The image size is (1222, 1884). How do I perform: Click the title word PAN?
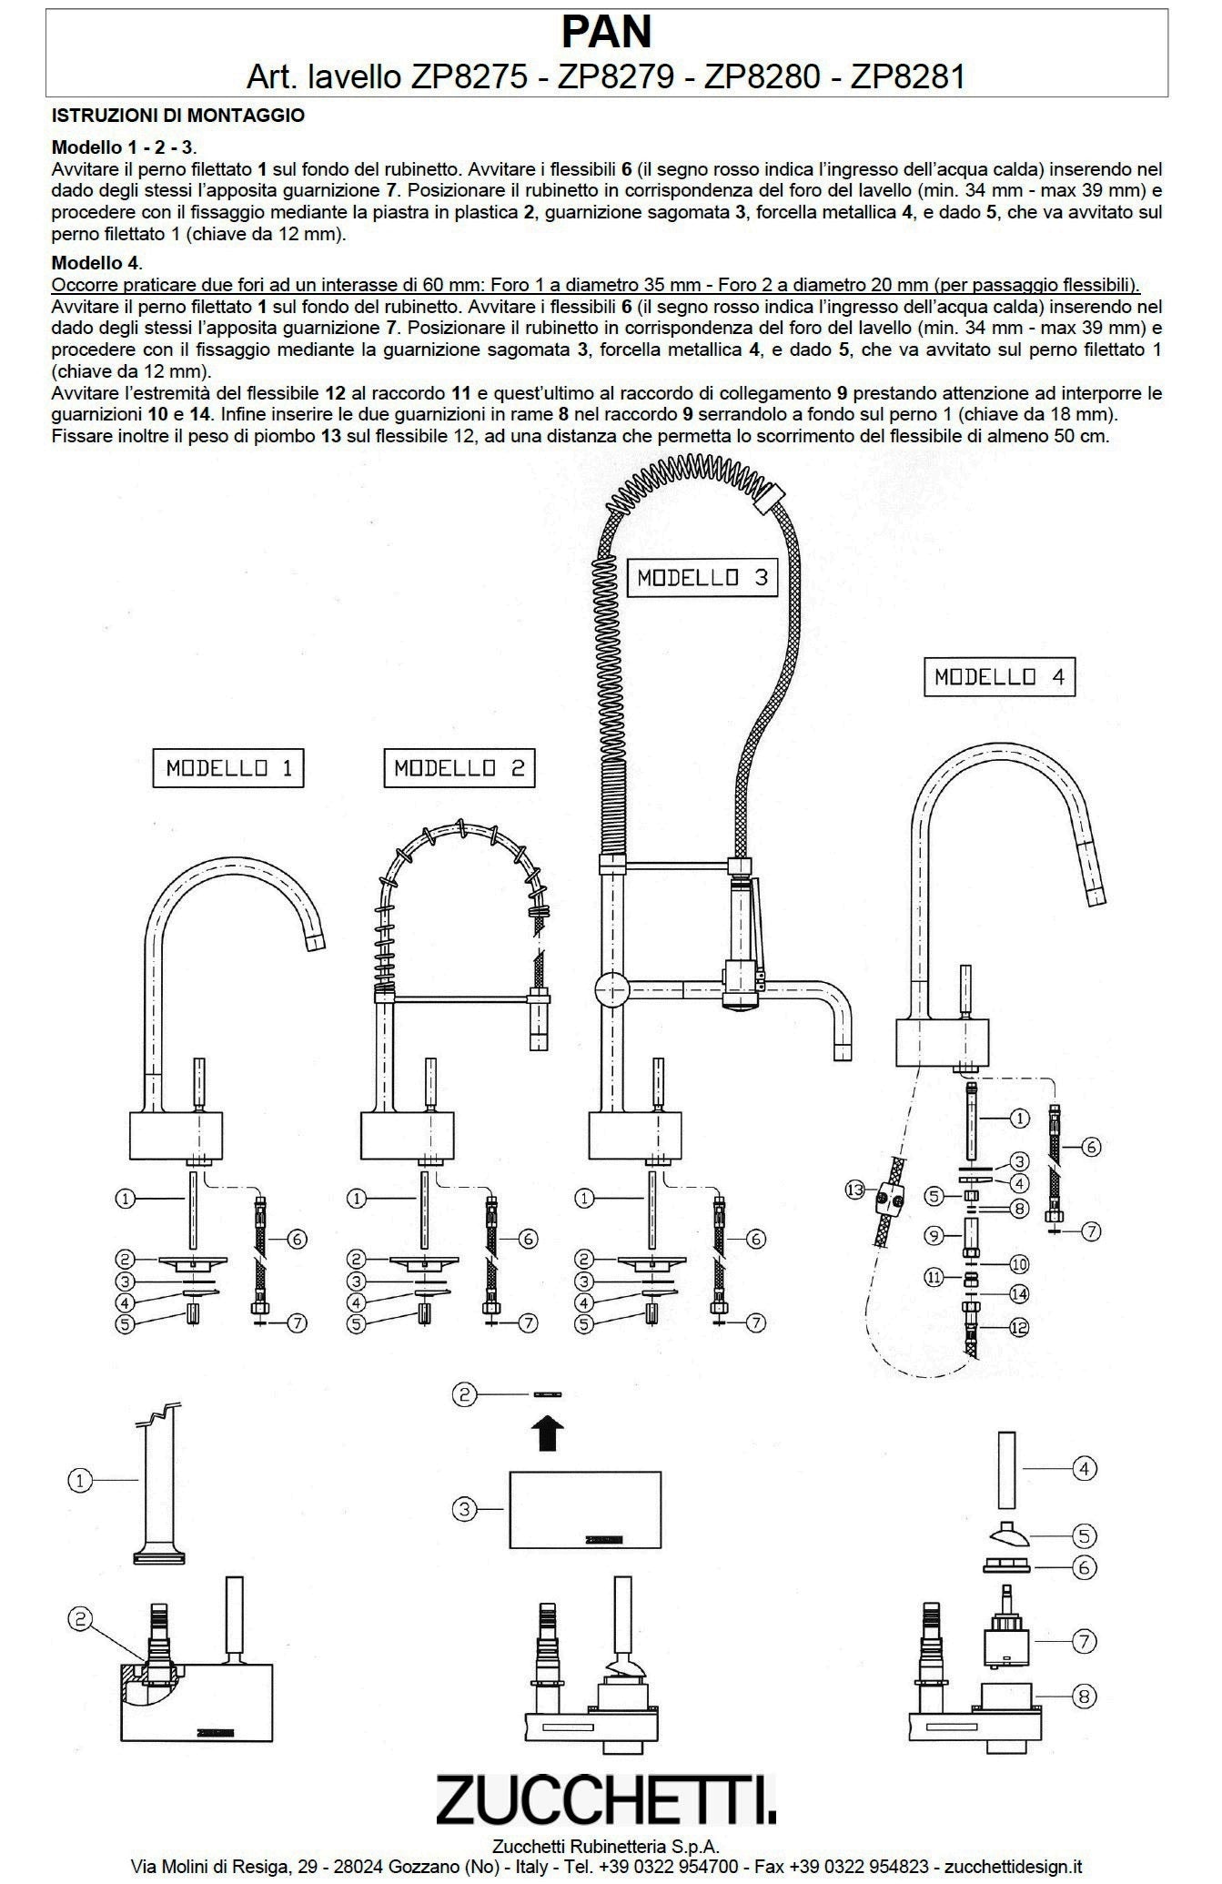pyautogui.click(x=607, y=34)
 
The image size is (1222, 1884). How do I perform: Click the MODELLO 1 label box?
pyautogui.click(x=227, y=768)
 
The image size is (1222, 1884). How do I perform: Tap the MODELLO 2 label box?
pyautogui.click(x=459, y=768)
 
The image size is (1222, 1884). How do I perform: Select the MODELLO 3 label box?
pyautogui.click(x=702, y=577)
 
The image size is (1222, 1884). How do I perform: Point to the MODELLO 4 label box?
pyautogui.click(x=999, y=676)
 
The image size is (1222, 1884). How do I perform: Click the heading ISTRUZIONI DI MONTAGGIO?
pyautogui.click(x=178, y=116)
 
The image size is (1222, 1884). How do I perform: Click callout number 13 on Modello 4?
pyautogui.click(x=854, y=1189)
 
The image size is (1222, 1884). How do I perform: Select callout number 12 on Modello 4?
pyautogui.click(x=1019, y=1328)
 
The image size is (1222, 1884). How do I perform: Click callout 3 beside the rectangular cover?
pyautogui.click(x=464, y=1510)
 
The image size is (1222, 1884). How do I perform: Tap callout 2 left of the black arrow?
pyautogui.click(x=464, y=1393)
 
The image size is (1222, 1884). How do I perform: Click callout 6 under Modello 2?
pyautogui.click(x=528, y=1238)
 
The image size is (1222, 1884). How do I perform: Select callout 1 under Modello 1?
pyautogui.click(x=126, y=1199)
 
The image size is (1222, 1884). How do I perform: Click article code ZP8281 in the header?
pyautogui.click(x=907, y=78)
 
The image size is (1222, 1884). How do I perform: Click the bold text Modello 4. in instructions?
pyautogui.click(x=96, y=263)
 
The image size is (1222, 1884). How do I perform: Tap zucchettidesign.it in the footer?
pyautogui.click(x=1013, y=1867)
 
